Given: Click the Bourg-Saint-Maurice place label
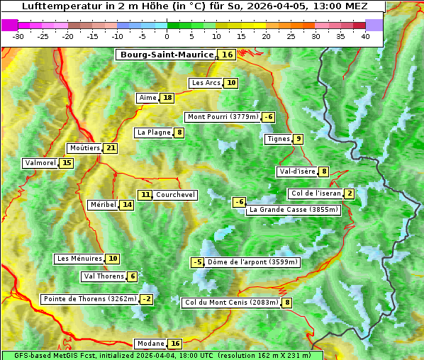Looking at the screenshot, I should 167,55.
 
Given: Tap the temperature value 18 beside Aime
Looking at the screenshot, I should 167,98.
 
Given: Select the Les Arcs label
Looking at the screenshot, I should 206,83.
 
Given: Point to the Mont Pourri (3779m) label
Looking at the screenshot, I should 223,117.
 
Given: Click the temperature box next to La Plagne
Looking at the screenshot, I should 180,132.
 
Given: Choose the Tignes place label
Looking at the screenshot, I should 278,139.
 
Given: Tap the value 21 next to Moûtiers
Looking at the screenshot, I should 111,148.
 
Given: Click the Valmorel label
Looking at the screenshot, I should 40,163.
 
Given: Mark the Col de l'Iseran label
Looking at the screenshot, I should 316,193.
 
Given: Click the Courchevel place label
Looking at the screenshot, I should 175,195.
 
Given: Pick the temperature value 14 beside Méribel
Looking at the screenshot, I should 127,205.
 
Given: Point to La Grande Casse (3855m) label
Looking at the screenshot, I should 294,210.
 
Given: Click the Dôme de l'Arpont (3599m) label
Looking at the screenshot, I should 252,262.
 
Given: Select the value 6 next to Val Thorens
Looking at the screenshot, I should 133,276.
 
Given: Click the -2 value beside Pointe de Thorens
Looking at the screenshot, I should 146,299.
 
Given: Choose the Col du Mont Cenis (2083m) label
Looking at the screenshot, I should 231,303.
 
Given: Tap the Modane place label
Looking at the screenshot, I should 150,344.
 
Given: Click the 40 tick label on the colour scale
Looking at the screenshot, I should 364,36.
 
